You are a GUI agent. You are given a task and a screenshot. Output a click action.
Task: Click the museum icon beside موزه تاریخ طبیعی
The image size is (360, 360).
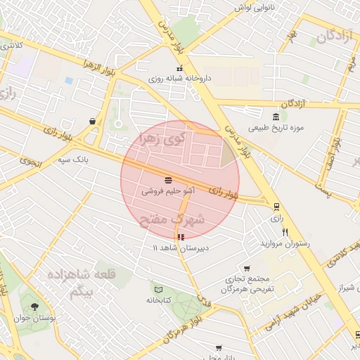(x=275, y=116)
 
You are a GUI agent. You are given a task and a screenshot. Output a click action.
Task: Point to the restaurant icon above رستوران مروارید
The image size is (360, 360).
(x=285, y=232)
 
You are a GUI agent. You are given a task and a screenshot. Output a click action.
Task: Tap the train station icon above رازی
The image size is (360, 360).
(x=276, y=207)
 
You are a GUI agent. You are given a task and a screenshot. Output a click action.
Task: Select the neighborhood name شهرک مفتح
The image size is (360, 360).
(x=173, y=220)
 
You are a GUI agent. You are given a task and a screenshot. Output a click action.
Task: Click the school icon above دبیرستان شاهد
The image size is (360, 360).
(x=181, y=238)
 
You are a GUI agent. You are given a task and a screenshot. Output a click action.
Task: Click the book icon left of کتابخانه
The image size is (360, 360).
(x=158, y=290)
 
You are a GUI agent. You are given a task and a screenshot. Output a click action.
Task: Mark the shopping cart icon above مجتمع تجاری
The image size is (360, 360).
(x=247, y=268)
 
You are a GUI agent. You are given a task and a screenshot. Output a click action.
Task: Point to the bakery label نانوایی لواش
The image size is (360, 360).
(x=252, y=7)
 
